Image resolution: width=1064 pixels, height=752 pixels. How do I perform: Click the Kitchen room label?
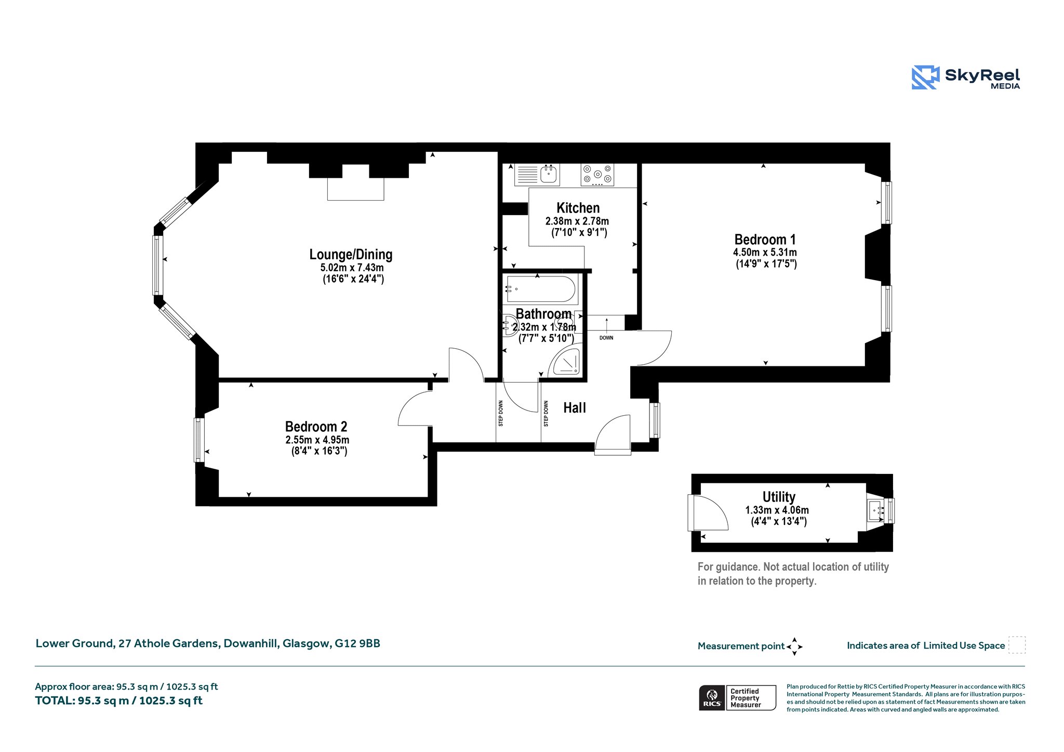(x=578, y=208)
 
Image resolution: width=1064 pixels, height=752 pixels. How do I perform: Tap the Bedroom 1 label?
(x=765, y=240)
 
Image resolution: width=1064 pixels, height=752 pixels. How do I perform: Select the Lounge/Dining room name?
(x=351, y=255)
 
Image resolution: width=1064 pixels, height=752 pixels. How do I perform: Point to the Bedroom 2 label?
(x=316, y=427)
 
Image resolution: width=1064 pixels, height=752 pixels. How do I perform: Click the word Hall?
(x=575, y=408)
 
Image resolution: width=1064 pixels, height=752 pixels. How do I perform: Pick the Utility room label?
(x=779, y=497)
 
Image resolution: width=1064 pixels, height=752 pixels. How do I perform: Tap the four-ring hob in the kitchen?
(x=597, y=175)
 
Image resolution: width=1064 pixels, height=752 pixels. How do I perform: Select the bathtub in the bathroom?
(x=541, y=289)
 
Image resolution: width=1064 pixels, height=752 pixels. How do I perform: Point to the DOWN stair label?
(x=606, y=338)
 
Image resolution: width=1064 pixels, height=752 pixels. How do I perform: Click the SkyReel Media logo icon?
(x=925, y=77)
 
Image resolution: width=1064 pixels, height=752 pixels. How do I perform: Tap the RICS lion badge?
(x=712, y=697)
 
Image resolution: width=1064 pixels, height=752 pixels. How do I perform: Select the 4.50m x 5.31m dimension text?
(x=765, y=252)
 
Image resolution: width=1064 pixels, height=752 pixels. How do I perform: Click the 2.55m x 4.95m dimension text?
(x=317, y=440)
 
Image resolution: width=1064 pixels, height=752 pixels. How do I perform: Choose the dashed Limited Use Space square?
(x=1017, y=645)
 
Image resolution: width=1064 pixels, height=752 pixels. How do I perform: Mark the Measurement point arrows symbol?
(x=794, y=647)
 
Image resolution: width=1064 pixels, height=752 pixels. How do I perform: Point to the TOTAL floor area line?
(x=118, y=701)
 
